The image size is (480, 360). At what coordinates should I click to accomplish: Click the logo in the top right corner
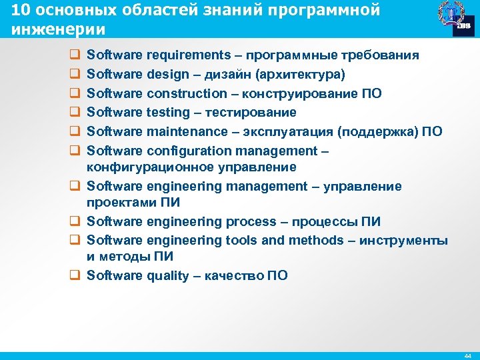[454, 19]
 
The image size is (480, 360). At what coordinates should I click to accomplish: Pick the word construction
[187, 93]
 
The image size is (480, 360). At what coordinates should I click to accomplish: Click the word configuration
[187, 149]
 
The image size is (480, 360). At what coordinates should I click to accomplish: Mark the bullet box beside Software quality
[74, 275]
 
